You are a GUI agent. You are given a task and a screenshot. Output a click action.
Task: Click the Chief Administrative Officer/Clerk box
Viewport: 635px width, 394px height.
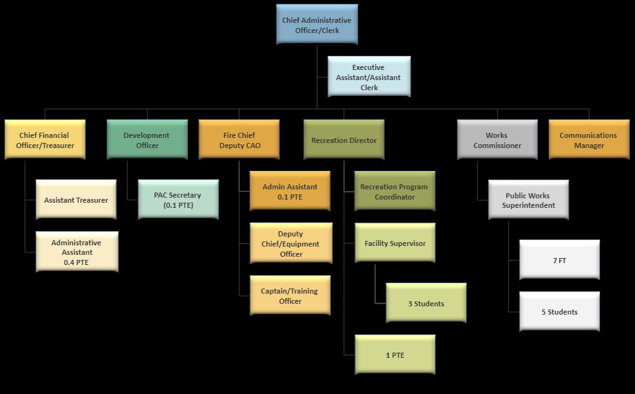point(317,25)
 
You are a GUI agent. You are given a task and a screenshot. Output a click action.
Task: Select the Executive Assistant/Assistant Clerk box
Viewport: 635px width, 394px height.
point(369,77)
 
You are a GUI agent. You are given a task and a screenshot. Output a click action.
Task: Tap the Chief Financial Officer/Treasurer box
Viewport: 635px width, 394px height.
point(45,140)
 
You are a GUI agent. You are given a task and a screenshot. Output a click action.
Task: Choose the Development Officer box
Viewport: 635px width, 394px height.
point(147,140)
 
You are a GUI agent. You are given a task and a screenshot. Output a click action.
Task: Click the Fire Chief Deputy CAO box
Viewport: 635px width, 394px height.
point(239,140)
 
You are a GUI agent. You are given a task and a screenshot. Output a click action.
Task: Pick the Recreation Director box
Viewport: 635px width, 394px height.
point(344,140)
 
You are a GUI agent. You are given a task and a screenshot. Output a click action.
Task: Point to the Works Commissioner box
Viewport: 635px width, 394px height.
point(497,140)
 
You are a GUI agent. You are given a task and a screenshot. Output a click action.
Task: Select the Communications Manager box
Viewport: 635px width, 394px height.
point(588,140)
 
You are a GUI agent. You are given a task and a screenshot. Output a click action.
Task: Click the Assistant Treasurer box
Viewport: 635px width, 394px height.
point(76,200)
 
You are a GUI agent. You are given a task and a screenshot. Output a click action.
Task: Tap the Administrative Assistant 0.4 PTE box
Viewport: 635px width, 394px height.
point(77,252)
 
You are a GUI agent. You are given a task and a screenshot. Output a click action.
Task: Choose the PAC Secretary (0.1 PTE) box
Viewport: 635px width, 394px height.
point(178,200)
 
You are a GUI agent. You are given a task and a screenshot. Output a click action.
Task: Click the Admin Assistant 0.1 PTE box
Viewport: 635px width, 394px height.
point(290,191)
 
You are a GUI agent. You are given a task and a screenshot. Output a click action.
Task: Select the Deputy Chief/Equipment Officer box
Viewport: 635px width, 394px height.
point(290,243)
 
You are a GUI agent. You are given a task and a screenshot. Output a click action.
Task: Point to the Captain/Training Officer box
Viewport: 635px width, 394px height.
point(290,295)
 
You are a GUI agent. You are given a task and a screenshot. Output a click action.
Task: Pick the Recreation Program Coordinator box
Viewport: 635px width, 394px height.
point(394,191)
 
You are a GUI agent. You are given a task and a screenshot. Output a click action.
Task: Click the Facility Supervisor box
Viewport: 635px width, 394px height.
point(395,243)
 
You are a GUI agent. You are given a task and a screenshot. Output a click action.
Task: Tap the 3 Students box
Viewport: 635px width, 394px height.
point(426,303)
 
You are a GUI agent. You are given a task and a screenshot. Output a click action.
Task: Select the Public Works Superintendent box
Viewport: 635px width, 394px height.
point(528,200)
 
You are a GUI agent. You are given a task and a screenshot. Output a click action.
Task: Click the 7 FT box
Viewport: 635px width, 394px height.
point(559,260)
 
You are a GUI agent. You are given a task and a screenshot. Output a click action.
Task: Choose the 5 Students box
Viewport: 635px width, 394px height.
point(559,311)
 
